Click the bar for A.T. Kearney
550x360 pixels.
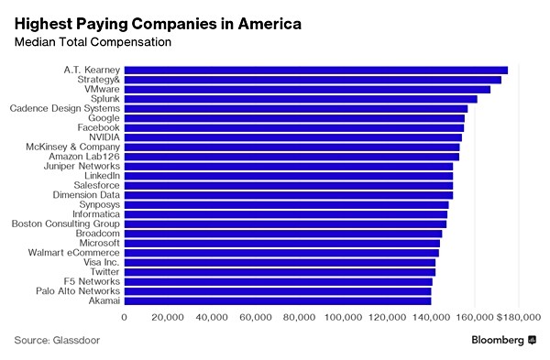pos(315,70)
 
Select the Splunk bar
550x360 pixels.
pos(301,99)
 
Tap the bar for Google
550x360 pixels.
pos(294,118)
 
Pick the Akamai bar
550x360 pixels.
pos(278,300)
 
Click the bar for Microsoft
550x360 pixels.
pos(281,243)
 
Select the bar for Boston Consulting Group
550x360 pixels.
pos(285,224)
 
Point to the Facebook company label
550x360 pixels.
pos(96,127)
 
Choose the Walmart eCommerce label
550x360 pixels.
pos(73,252)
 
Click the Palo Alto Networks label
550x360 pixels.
pos(77,290)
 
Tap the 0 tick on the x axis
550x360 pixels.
pos(125,317)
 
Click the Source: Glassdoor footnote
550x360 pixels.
pos(57,340)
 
